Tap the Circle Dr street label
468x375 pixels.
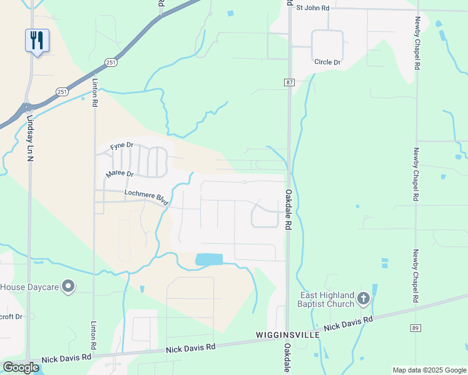tap(327, 62)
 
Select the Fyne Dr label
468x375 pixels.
tap(122, 146)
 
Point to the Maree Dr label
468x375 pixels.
tap(120, 174)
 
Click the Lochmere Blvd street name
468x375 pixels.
tap(146, 197)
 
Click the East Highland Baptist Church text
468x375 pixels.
tap(327, 299)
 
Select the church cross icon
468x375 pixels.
tap(364, 299)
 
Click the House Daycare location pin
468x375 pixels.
tap(69, 287)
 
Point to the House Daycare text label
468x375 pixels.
tap(29, 287)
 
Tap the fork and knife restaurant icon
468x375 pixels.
tap(37, 40)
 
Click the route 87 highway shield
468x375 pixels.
tap(288, 82)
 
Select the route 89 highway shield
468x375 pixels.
tap(415, 328)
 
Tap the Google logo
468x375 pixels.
tap(21, 367)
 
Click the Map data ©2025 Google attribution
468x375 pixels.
tap(429, 370)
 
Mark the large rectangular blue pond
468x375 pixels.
tap(209, 259)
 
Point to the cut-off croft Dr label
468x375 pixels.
tap(11, 317)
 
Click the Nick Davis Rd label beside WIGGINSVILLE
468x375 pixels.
tap(348, 323)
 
